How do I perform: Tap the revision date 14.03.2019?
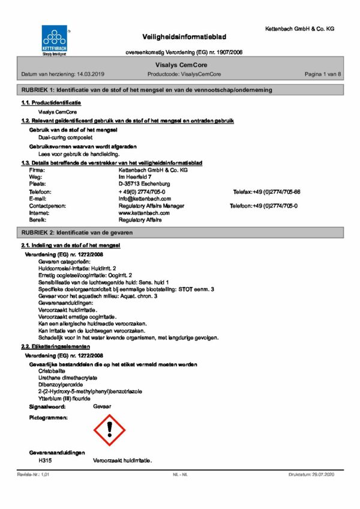tap(91, 74)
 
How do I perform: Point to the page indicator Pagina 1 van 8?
tap(323, 74)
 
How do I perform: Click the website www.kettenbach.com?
tap(144, 212)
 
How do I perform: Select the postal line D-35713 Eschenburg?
tap(145, 184)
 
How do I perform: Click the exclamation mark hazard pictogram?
tap(110, 428)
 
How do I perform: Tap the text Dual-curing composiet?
tap(63, 137)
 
